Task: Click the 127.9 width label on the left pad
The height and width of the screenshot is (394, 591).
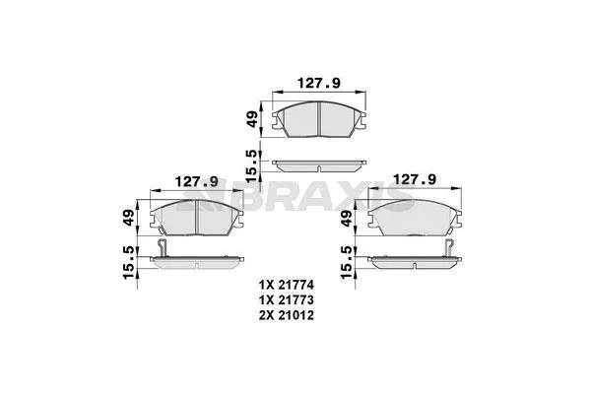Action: click(x=196, y=181)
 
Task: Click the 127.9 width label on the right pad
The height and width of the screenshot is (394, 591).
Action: click(x=415, y=179)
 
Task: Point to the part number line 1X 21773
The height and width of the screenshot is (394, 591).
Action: click(x=296, y=298)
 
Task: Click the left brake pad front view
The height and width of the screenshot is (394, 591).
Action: click(x=196, y=219)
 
